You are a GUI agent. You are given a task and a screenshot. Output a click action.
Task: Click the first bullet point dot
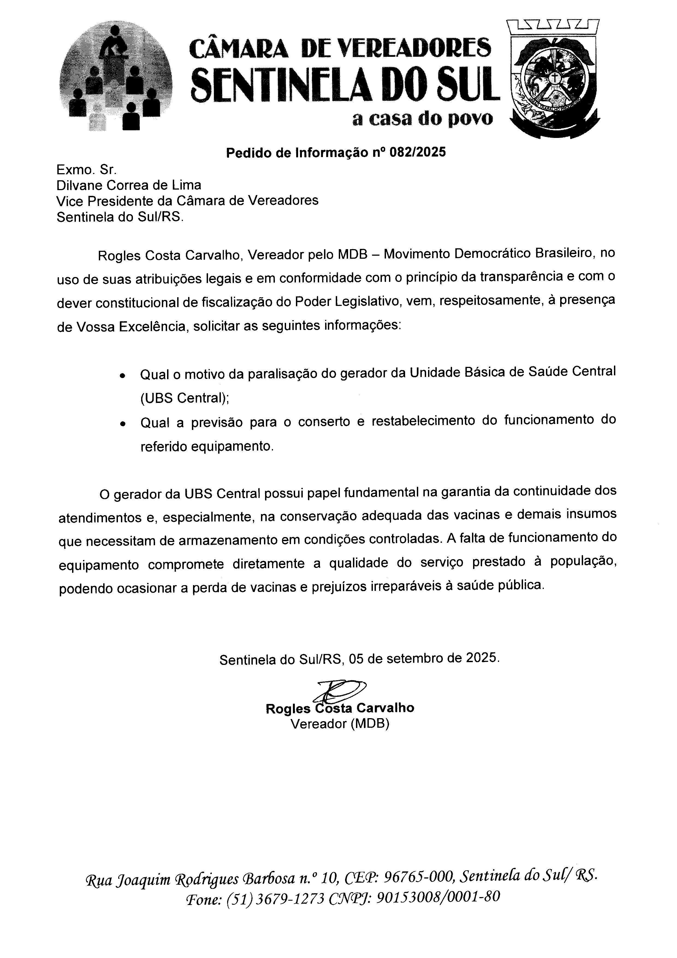122,376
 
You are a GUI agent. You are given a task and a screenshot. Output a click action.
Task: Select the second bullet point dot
122,423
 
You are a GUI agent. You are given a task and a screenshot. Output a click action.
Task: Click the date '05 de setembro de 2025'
423,658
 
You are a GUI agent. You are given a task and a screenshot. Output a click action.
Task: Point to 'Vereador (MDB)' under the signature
340,724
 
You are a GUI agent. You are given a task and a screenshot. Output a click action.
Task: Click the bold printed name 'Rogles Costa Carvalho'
340,708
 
